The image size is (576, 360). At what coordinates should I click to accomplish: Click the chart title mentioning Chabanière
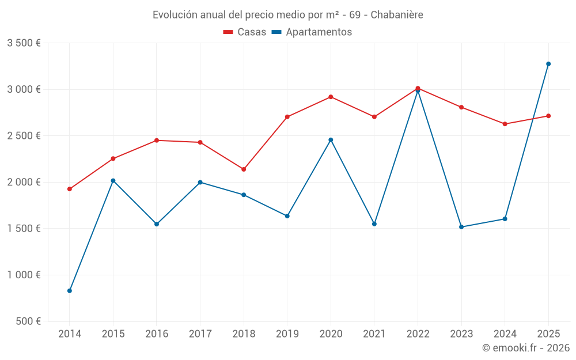point(287,15)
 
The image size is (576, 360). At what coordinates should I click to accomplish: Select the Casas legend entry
point(245,32)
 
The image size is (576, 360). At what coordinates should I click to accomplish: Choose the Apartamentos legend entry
point(312,32)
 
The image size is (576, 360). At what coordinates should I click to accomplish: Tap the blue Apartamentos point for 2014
point(70,291)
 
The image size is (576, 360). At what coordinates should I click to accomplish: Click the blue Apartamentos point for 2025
point(548,64)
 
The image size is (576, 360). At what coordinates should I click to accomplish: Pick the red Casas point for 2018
point(244,169)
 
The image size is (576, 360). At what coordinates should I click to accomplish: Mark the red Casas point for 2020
point(331,97)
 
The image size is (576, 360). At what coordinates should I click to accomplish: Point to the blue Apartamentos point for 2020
point(331,140)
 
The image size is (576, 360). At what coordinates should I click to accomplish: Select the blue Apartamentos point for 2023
point(461,227)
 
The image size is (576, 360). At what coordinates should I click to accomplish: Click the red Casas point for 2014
point(70,189)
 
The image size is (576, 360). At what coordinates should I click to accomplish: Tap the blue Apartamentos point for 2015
point(113,181)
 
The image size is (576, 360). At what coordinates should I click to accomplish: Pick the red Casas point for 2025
point(548,116)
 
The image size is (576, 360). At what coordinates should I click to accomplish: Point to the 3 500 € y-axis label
point(24,43)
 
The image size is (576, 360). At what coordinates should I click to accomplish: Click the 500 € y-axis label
point(28,321)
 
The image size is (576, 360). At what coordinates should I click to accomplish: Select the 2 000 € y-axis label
point(24,182)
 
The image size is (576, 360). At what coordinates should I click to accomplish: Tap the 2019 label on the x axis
point(287,334)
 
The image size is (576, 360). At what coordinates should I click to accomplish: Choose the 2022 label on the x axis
point(418,334)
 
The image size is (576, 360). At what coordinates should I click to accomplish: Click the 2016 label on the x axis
point(157,334)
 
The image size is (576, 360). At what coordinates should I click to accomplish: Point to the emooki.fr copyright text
point(525,348)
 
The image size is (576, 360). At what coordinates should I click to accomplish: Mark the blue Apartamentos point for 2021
point(374,224)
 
